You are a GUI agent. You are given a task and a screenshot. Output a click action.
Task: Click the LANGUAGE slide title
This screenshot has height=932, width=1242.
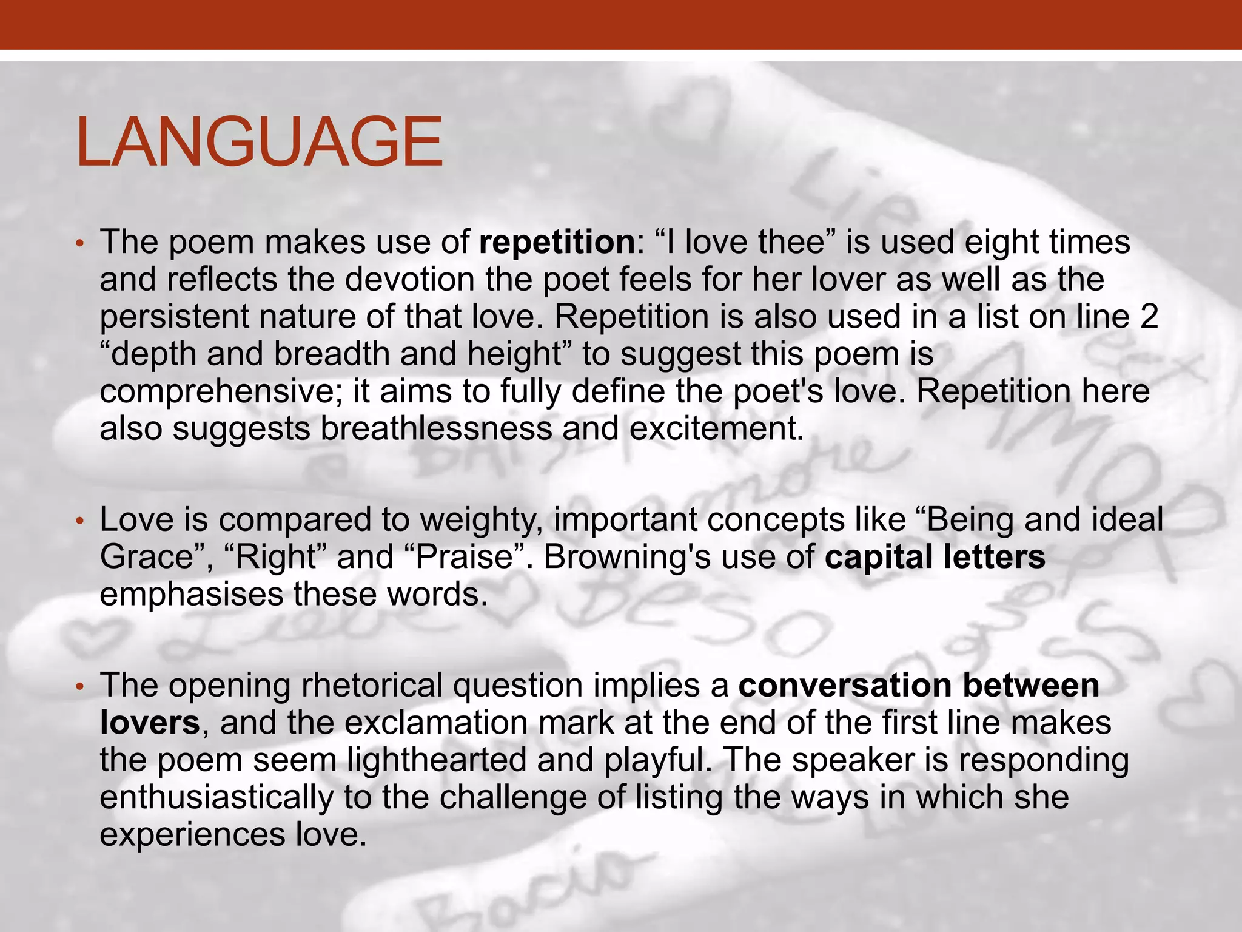tap(260, 142)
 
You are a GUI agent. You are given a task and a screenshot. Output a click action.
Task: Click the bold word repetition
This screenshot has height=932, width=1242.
tap(556, 241)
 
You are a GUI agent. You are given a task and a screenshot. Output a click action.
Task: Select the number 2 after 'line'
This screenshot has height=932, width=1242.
tap(1149, 317)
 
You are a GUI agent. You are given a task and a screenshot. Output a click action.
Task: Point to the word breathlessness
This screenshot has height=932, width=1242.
tap(436, 429)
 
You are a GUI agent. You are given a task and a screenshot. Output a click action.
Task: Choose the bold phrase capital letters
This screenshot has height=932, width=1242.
tap(935, 557)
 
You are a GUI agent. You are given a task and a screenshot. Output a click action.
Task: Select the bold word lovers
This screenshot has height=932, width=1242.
tap(150, 723)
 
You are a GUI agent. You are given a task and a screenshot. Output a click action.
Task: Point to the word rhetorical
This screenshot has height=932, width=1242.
tap(372, 686)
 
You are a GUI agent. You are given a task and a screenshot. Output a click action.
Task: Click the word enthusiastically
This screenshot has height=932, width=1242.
tap(217, 797)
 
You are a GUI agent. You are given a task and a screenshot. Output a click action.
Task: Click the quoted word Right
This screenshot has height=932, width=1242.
tap(275, 557)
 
